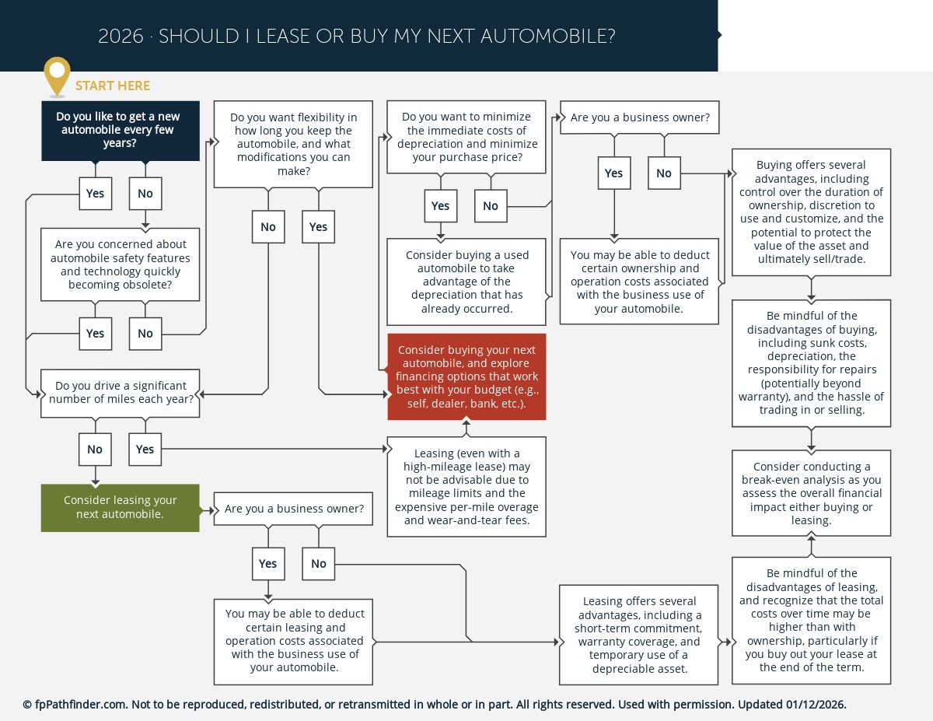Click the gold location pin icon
coord(57,75)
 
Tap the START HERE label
coord(113,86)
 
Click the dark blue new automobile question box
coord(121,131)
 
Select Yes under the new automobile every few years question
coord(95,194)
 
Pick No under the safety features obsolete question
coord(145,333)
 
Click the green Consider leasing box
coord(121,508)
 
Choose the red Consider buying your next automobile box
coord(466,377)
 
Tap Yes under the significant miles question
coord(145,449)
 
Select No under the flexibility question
coord(268,227)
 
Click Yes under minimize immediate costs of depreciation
coord(440,206)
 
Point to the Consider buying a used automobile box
coord(466,282)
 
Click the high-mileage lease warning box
coord(466,487)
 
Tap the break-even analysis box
coord(811,493)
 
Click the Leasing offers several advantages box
coord(639,635)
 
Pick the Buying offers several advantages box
coord(811,212)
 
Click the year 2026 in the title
coord(121,37)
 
